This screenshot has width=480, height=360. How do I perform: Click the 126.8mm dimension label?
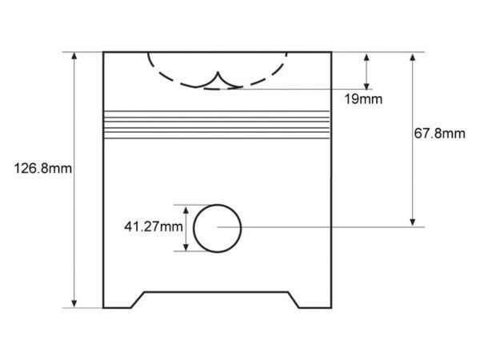pos(43,168)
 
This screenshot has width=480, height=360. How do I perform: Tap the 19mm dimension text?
pos(363,99)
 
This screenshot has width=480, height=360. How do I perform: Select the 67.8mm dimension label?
pos(439,134)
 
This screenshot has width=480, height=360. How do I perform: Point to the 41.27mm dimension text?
pos(154,227)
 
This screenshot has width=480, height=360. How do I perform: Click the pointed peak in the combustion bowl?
pos(218,73)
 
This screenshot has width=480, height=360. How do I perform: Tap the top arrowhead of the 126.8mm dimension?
pos(74,56)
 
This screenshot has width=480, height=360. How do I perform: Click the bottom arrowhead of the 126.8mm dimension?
pos(74,303)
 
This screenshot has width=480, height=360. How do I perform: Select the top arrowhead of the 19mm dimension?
pos(366,58)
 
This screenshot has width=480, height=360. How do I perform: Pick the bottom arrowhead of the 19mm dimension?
pos(366,86)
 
